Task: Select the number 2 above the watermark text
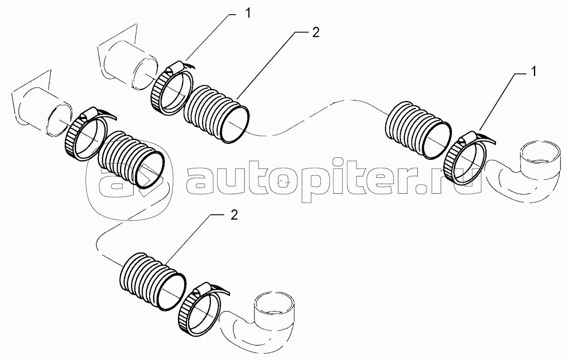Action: [316, 32]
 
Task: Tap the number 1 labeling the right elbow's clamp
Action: [533, 71]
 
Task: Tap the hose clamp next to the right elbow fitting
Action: [466, 158]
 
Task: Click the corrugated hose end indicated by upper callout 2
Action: [216, 114]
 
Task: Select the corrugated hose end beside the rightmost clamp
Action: [418, 130]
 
